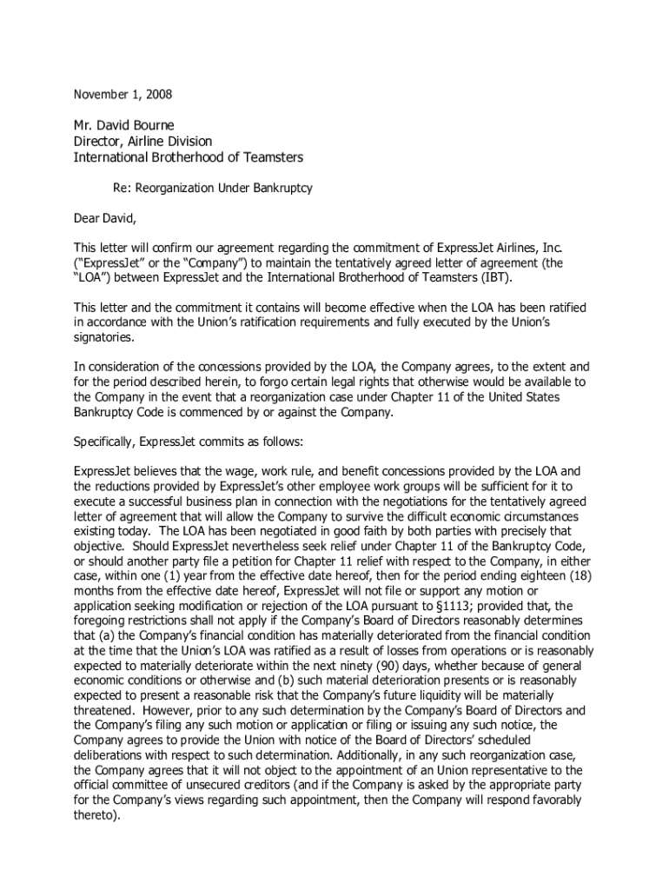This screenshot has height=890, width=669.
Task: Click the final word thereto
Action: click(95, 815)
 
